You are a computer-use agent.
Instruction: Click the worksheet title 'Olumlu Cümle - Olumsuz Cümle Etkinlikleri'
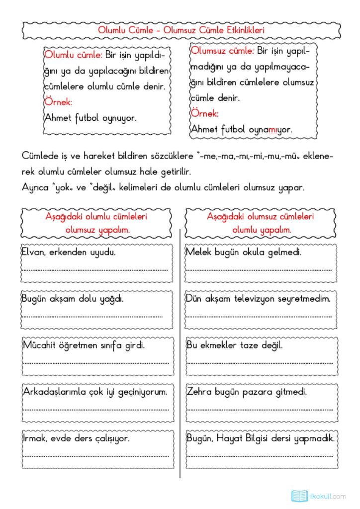(180, 30)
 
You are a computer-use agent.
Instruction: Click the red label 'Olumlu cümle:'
(74, 55)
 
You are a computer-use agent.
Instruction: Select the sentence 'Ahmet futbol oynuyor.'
(90, 118)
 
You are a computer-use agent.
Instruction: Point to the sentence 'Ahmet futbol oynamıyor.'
(242, 129)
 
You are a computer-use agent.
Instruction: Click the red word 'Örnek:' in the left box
(59, 102)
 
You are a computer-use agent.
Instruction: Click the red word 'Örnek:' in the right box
(204, 113)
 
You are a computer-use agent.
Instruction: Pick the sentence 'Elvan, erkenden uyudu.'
(69, 252)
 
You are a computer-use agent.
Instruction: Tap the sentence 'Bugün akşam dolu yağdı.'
(73, 299)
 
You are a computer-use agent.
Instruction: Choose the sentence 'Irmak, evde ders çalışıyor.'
(76, 438)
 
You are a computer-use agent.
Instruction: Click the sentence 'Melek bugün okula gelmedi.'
(244, 252)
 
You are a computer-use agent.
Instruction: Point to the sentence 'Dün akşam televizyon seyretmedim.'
(258, 299)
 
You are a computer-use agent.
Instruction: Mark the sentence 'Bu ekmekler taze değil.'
(234, 345)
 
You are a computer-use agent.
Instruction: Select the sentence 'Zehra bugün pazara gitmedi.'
(247, 391)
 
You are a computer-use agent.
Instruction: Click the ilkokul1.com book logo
(299, 496)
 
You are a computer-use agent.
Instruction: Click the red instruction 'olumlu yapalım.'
(262, 230)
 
